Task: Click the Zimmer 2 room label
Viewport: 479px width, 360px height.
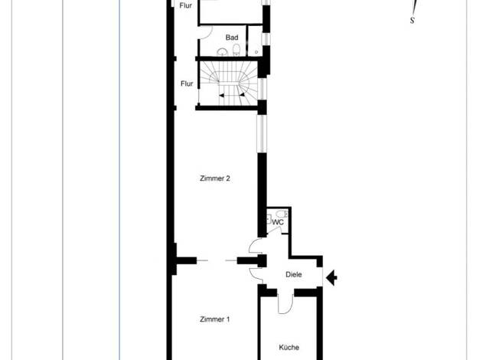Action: [215, 178]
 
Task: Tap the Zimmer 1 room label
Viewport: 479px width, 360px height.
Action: [214, 319]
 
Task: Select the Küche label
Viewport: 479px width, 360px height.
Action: [289, 348]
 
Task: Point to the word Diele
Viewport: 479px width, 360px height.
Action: [294, 275]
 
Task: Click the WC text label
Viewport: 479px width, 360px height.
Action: [278, 222]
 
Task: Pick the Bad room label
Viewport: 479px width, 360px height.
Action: [232, 38]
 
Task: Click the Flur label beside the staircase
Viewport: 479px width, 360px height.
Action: [187, 83]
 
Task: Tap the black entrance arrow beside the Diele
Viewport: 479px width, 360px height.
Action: [331, 278]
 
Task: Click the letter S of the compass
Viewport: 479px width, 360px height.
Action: [412, 21]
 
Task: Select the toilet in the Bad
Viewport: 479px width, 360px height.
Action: [236, 50]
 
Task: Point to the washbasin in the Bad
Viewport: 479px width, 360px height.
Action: [222, 52]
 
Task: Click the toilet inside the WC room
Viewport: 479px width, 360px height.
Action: [281, 214]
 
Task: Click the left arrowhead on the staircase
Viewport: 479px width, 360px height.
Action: [221, 96]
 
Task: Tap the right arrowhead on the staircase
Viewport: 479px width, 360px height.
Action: [242, 95]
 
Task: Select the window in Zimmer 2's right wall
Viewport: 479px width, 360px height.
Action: [262, 133]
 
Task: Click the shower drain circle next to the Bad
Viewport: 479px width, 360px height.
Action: [256, 52]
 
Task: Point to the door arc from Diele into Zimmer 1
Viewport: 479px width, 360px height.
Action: [256, 274]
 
